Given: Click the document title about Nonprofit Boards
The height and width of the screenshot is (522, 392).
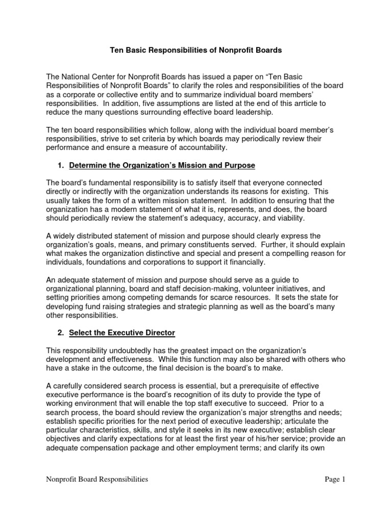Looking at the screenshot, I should (196, 50).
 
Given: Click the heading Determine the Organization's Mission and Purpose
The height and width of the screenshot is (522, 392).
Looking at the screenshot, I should (162, 166).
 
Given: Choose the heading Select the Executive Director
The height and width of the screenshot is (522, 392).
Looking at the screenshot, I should (122, 333).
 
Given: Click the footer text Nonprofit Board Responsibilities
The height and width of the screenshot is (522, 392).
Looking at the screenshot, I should (97, 479).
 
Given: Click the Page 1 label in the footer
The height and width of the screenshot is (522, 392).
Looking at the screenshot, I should (335, 479).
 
